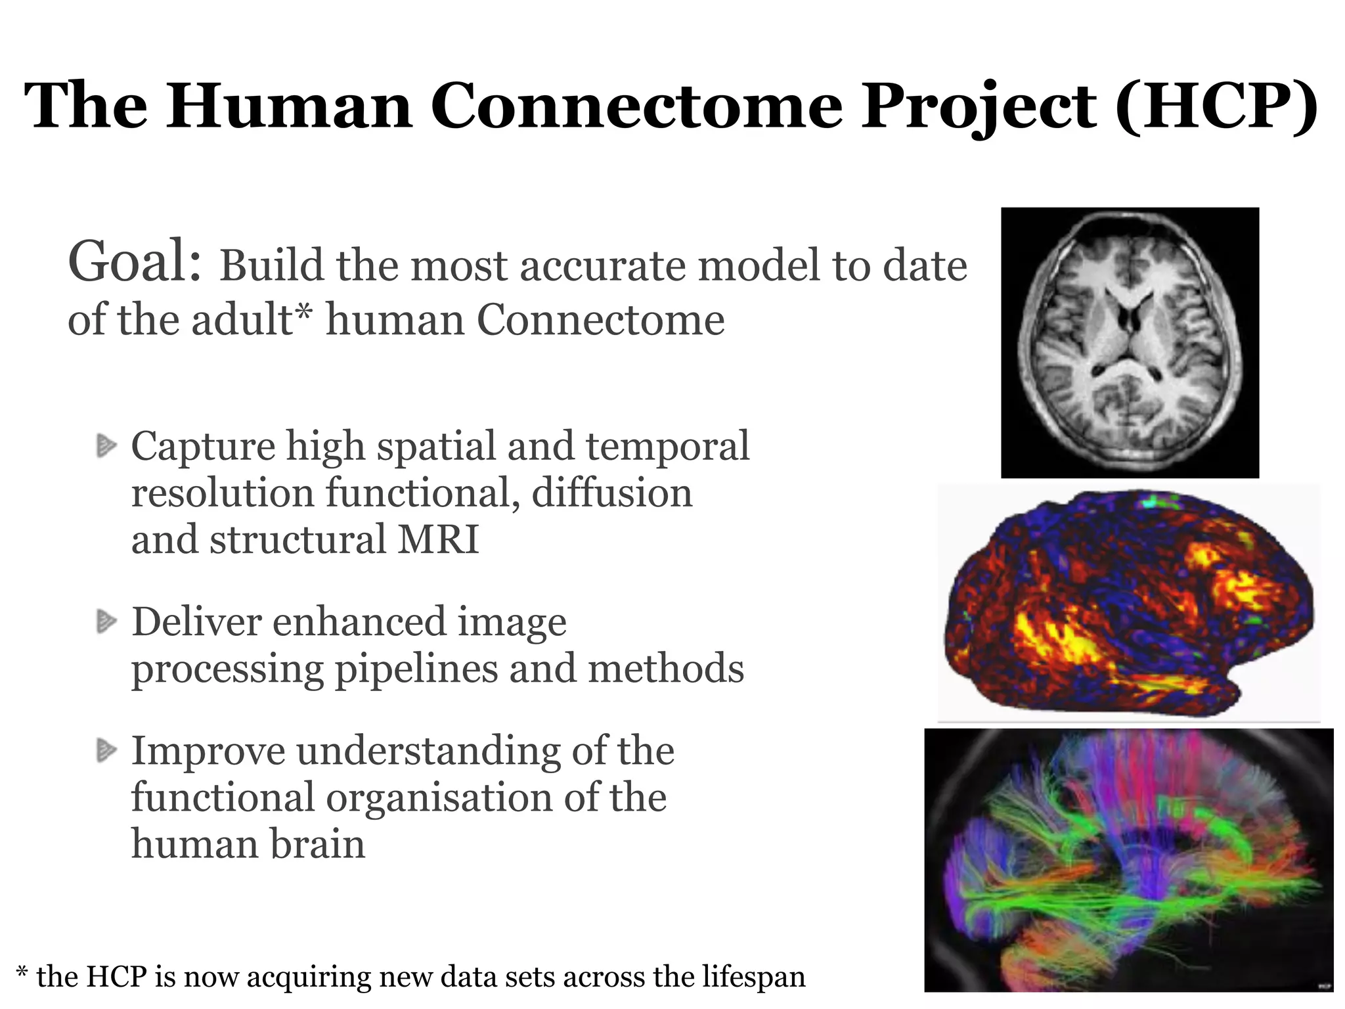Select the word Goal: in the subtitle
135,262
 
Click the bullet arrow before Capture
106,446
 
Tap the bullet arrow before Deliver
106,621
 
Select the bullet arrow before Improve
106,750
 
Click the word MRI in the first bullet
439,539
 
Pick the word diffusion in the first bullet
611,493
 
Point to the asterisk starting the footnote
22,972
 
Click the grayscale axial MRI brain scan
1130,342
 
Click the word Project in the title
979,106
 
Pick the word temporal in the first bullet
667,446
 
